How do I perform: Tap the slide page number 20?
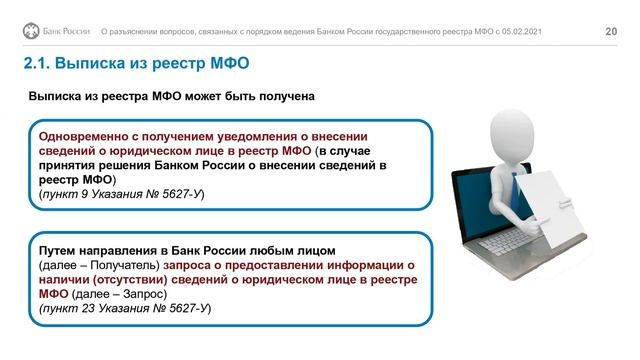[x=612, y=33]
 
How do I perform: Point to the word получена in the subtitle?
[x=284, y=97]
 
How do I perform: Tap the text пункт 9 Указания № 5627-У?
[x=121, y=192]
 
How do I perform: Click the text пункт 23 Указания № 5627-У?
[x=125, y=309]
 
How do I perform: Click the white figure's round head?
[x=512, y=124]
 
